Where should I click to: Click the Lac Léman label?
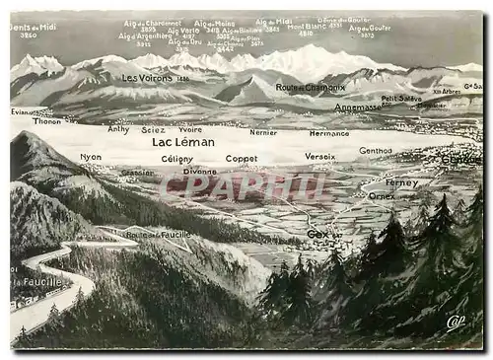(x=182, y=142)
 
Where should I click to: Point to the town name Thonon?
(x=46, y=120)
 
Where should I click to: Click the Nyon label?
(x=91, y=157)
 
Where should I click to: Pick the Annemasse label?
(x=356, y=107)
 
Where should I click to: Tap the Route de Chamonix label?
(x=311, y=87)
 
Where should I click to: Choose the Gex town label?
(x=317, y=234)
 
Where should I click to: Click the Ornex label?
(x=382, y=195)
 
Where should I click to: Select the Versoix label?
(x=319, y=156)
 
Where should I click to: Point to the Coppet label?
(x=242, y=158)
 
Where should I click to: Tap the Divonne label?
(x=200, y=171)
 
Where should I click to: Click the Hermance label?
(x=329, y=132)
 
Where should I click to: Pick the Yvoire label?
(x=190, y=129)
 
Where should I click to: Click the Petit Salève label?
(x=401, y=99)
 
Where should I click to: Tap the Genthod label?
(x=375, y=151)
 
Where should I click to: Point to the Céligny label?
(x=177, y=159)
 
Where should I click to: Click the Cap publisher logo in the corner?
(x=455, y=322)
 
